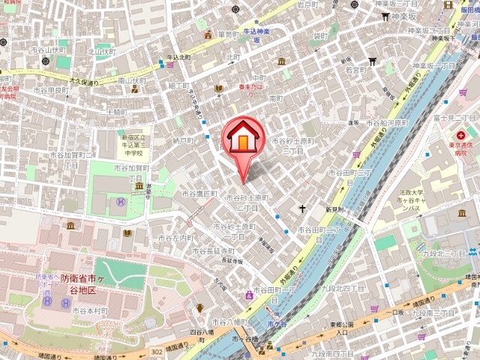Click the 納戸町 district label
click(183, 139)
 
